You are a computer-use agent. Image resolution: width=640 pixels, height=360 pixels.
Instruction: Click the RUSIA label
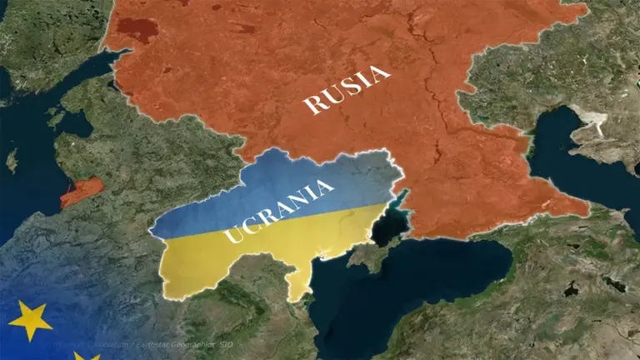coord(347,90)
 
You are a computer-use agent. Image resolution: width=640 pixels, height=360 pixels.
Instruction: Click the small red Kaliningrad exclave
coord(82,191)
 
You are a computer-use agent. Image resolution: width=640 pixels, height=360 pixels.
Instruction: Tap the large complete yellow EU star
coord(31,319)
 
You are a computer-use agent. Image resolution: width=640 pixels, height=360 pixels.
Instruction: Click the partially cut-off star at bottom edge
coord(86,356)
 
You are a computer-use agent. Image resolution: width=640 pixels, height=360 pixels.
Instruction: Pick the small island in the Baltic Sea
coord(12,159)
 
